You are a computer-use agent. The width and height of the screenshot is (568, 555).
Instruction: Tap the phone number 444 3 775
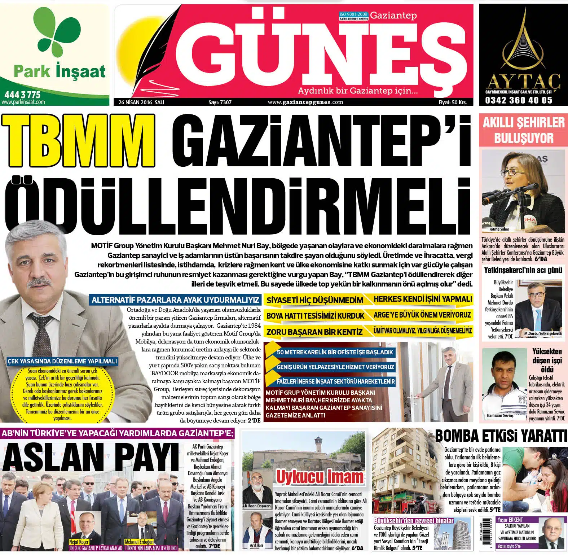pyautogui.click(x=22, y=95)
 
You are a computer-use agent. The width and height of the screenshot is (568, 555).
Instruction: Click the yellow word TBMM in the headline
pyautogui.click(x=79, y=141)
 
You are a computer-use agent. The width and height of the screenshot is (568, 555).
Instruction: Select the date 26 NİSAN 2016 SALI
pyautogui.click(x=141, y=102)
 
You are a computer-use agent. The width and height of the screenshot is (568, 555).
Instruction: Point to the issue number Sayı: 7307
pyautogui.click(x=220, y=102)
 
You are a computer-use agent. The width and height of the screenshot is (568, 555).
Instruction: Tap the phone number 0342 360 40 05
pyautogui.click(x=519, y=100)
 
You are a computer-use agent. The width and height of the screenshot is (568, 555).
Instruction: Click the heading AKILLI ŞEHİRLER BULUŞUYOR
pyautogui.click(x=524, y=130)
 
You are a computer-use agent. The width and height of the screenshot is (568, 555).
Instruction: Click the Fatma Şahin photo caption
pyautogui.click(x=499, y=229)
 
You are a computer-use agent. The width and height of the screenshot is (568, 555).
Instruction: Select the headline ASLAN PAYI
pyautogui.click(x=90, y=458)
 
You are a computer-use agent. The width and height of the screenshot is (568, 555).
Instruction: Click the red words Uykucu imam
pyautogui.click(x=320, y=477)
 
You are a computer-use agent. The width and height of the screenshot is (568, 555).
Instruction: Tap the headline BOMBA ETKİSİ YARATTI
pyautogui.click(x=501, y=436)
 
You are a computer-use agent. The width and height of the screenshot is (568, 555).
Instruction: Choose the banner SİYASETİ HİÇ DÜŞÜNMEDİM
pyautogui.click(x=314, y=300)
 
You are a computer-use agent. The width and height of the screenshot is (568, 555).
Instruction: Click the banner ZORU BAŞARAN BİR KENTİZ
pyautogui.click(x=314, y=332)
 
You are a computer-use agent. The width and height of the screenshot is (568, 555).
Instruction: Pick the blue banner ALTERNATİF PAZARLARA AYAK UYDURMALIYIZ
pyautogui.click(x=175, y=300)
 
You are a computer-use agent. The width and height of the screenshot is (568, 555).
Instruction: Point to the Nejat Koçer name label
pyautogui.click(x=79, y=542)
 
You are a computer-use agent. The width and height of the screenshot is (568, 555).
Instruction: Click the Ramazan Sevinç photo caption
pyautogui.click(x=501, y=415)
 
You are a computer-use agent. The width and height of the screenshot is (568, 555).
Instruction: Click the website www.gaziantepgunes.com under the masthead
pyautogui.click(x=305, y=102)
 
